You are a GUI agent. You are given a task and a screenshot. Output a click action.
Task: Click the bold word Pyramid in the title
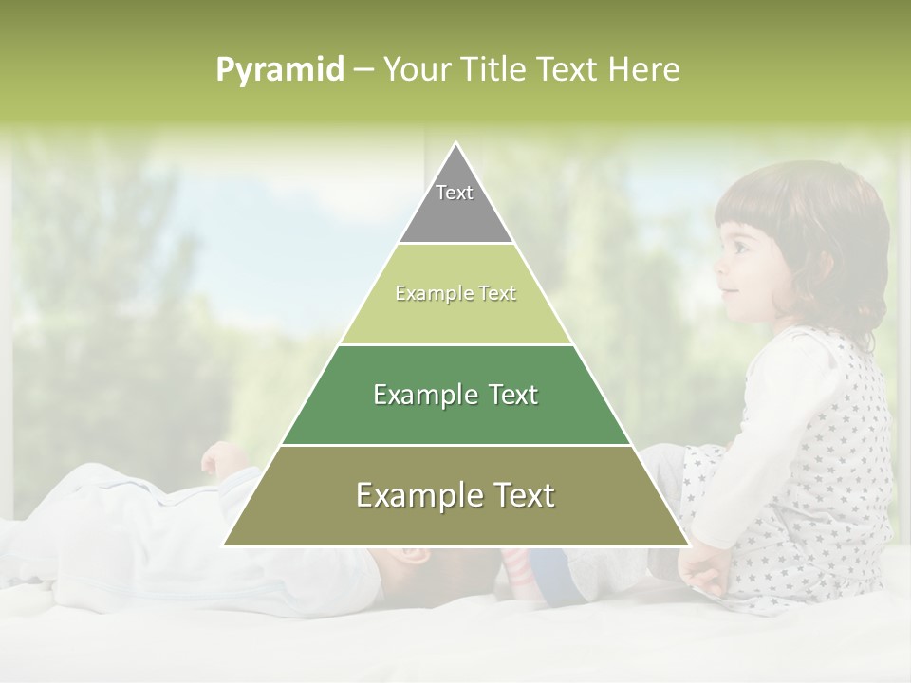(279, 70)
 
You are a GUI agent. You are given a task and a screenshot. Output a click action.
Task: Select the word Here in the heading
(644, 69)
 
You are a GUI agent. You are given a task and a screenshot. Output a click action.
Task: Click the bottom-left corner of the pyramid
(225, 545)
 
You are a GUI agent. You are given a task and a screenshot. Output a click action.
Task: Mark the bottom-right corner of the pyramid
(688, 545)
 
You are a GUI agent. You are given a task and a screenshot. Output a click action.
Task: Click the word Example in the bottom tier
(414, 495)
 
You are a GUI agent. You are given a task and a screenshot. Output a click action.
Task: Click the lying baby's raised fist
(220, 459)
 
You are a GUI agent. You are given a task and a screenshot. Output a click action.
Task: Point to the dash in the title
(363, 70)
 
